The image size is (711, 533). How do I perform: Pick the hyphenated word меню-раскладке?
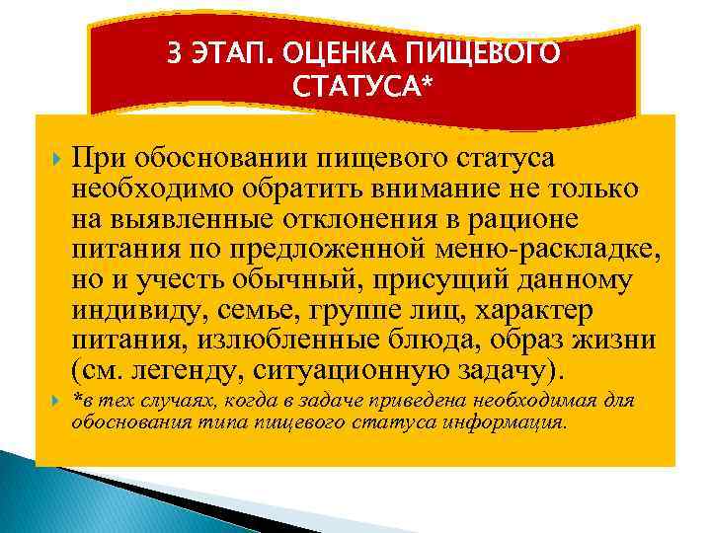561,250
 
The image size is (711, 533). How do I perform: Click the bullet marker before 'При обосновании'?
51,159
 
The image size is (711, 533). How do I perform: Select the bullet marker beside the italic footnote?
51,402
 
